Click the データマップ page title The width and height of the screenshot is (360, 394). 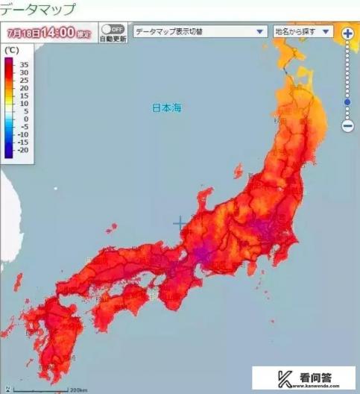38,10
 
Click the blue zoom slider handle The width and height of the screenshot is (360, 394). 347,101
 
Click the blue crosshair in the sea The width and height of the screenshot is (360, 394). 180,223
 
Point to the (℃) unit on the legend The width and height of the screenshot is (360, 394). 11,49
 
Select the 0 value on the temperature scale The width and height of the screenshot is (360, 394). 26,119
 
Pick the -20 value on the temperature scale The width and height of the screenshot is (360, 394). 24,150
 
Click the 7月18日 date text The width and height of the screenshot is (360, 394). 22,33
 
